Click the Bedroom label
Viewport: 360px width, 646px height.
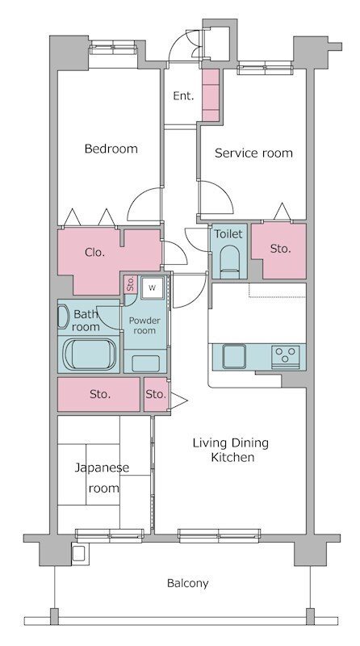click(111, 149)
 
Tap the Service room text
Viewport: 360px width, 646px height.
click(253, 153)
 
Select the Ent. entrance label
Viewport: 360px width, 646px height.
click(183, 96)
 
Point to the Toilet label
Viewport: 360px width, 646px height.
click(228, 233)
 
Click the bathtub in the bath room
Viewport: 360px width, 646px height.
click(90, 354)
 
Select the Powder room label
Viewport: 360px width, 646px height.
click(144, 325)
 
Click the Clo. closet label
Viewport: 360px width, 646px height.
click(95, 252)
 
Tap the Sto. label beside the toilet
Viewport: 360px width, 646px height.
click(279, 249)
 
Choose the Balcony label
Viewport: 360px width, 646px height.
click(187, 582)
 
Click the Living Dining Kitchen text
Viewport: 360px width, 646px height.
click(229, 450)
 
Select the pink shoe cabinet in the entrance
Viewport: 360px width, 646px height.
click(211, 94)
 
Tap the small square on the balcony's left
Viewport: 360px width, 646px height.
click(77, 554)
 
